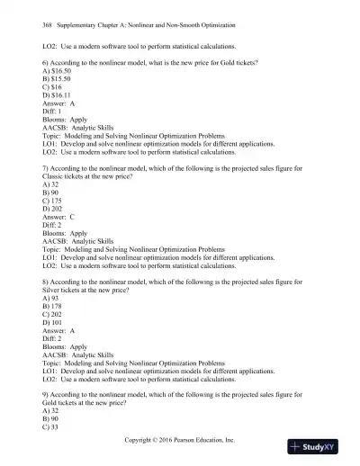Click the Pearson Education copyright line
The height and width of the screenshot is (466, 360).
pyautogui.click(x=180, y=442)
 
